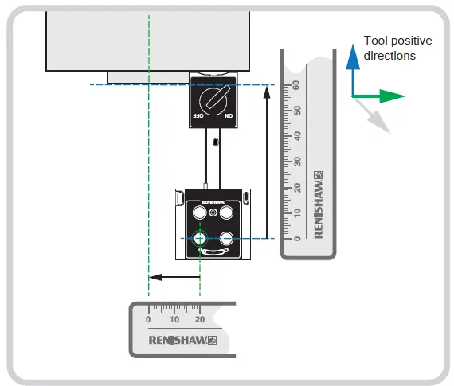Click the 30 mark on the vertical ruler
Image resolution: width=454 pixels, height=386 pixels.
[295, 161]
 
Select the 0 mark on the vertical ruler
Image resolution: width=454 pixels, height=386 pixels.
[295, 237]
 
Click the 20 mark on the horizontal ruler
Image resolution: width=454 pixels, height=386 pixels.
[200, 318]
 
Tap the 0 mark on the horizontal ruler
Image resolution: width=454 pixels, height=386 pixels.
[149, 318]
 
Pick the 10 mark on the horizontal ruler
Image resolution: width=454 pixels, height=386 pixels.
[174, 318]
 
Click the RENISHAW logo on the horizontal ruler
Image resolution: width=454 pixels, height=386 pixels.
[182, 340]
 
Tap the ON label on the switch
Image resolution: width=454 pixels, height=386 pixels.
[228, 116]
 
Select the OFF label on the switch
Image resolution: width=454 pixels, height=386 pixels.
[196, 116]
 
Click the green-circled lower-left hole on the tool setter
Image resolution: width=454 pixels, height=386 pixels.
[199, 237]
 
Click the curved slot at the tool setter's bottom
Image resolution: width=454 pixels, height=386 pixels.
[213, 251]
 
